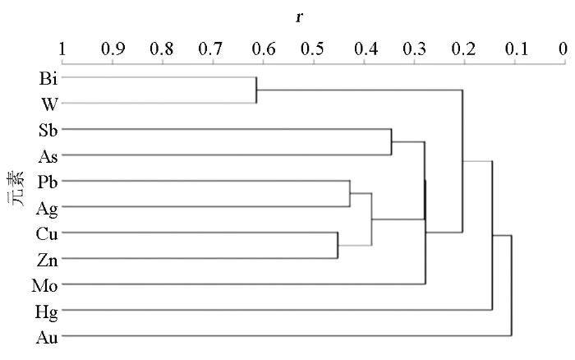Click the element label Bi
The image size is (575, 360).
48,78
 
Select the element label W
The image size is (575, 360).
49,104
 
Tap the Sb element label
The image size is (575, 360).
48,131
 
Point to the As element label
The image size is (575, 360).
48,157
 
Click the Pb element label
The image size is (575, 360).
48,182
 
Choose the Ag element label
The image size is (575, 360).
47,209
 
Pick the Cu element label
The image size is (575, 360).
47,234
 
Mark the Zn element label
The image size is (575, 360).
48,261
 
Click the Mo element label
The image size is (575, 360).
44,286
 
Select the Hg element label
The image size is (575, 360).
46,312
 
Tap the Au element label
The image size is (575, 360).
47,338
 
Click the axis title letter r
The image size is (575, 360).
299,17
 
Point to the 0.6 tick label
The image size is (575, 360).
264,48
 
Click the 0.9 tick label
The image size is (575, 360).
113,48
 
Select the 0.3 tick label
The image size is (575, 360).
414,48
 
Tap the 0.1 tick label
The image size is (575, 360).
517,48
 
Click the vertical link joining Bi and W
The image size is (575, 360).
256,90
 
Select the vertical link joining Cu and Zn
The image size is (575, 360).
338,245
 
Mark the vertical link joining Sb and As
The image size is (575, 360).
391,142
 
